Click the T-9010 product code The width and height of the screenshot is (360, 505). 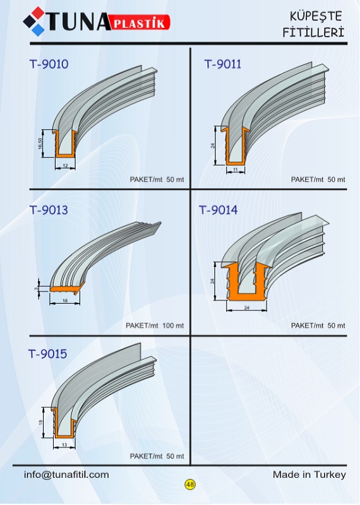(49, 64)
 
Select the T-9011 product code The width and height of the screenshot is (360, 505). (223, 64)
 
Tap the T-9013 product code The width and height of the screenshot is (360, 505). (49, 210)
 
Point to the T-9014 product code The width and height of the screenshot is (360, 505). (219, 210)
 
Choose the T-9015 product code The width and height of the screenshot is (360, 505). (48, 353)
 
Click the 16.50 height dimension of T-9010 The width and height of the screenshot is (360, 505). (40, 143)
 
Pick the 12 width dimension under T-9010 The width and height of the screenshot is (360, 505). (66, 166)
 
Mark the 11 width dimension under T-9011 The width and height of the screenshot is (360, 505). (236, 169)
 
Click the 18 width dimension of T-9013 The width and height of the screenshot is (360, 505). (65, 301)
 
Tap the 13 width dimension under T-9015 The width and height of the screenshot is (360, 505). (64, 445)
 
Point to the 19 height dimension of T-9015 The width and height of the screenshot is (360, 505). (41, 422)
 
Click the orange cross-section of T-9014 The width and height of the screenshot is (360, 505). (246, 282)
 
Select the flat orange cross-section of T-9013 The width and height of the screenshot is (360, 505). (67, 288)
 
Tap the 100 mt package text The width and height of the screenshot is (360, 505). (173, 325)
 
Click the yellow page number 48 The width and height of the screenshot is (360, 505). (190, 484)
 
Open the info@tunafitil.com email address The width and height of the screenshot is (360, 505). (66, 475)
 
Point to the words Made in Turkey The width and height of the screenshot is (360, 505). (309, 475)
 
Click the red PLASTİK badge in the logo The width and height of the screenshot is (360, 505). (140, 23)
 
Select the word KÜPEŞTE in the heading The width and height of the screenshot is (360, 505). (316, 16)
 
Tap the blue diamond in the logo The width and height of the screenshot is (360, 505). (38, 30)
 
